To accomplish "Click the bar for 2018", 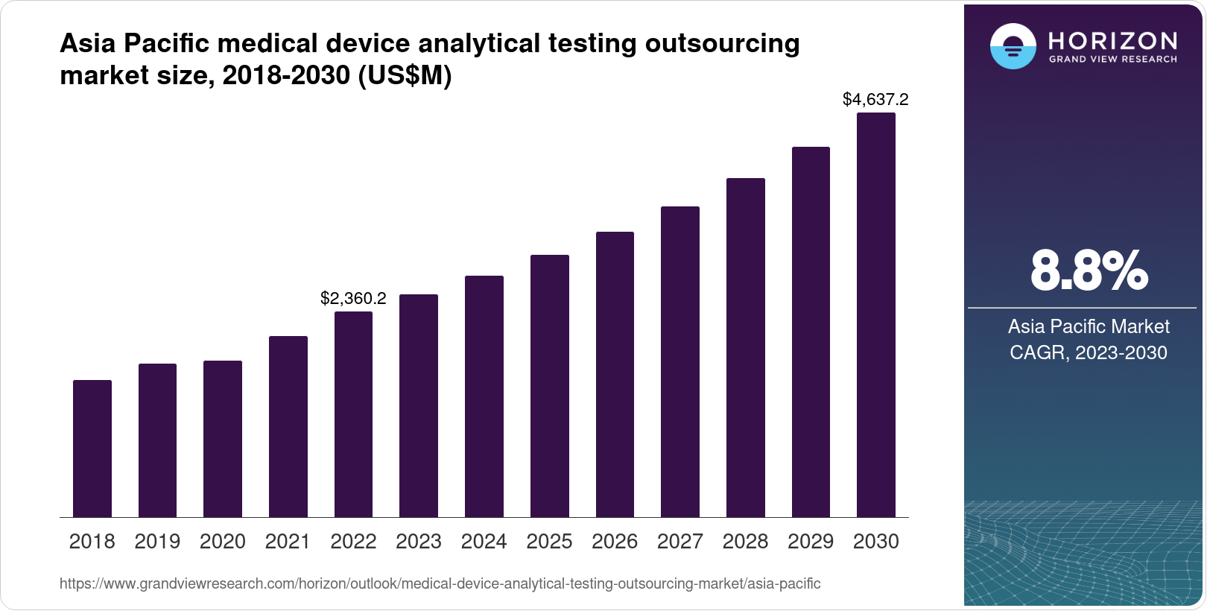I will (x=92, y=449).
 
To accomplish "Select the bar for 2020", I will (x=223, y=439).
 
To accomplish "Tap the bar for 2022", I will (x=353, y=414).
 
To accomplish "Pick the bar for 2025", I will (x=550, y=386).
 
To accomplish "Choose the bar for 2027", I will (x=680, y=362).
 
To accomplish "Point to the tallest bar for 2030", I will (x=876, y=315).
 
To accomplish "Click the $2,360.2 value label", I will (x=353, y=299).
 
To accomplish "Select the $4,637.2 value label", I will (x=875, y=99).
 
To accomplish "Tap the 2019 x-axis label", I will (x=157, y=542).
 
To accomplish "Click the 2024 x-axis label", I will (x=484, y=542).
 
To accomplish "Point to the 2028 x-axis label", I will (x=745, y=542).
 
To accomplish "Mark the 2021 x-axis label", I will (x=288, y=542).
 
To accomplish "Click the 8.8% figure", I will (x=1089, y=271).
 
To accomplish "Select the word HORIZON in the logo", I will (x=1113, y=41).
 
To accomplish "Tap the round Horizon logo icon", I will (x=1013, y=46).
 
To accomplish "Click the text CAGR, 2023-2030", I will (x=1089, y=352).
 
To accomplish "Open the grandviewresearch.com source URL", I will (x=440, y=584).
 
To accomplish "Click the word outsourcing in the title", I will (x=722, y=44).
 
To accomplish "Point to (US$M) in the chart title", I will (x=405, y=75).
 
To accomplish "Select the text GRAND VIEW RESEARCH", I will (x=1113, y=60).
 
